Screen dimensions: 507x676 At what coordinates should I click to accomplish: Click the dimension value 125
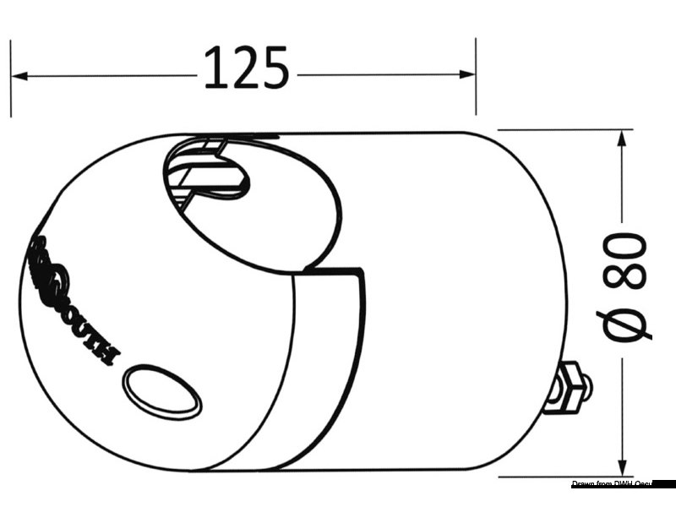(247, 68)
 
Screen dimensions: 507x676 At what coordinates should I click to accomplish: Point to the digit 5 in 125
(275, 68)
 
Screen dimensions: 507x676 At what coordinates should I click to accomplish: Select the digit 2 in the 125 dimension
(245, 68)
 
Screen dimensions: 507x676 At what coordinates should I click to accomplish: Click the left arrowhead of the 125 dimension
(19, 76)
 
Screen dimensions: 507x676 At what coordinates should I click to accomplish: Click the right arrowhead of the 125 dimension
(468, 76)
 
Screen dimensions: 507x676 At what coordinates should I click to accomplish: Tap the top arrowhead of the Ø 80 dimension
(623, 139)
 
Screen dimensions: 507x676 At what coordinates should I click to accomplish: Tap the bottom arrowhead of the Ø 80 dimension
(623, 466)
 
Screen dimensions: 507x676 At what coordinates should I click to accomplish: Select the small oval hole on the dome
(162, 391)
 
